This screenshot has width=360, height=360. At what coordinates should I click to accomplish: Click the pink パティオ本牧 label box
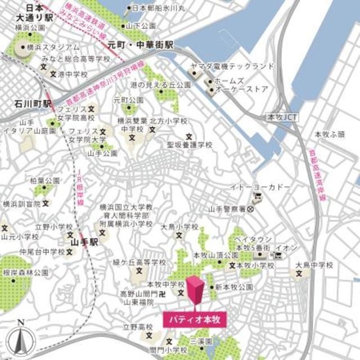pyautogui.click(x=195, y=318)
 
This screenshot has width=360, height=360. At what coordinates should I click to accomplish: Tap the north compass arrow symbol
pyautogui.click(x=21, y=337)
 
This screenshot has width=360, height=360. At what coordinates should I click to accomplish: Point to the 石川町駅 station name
pyautogui.click(x=33, y=104)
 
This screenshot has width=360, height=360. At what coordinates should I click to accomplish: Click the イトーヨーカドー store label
pyautogui.click(x=261, y=186)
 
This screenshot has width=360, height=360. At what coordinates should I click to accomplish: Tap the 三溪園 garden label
pyautogui.click(x=200, y=341)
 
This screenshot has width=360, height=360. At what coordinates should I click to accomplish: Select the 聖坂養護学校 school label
pyautogui.click(x=190, y=145)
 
